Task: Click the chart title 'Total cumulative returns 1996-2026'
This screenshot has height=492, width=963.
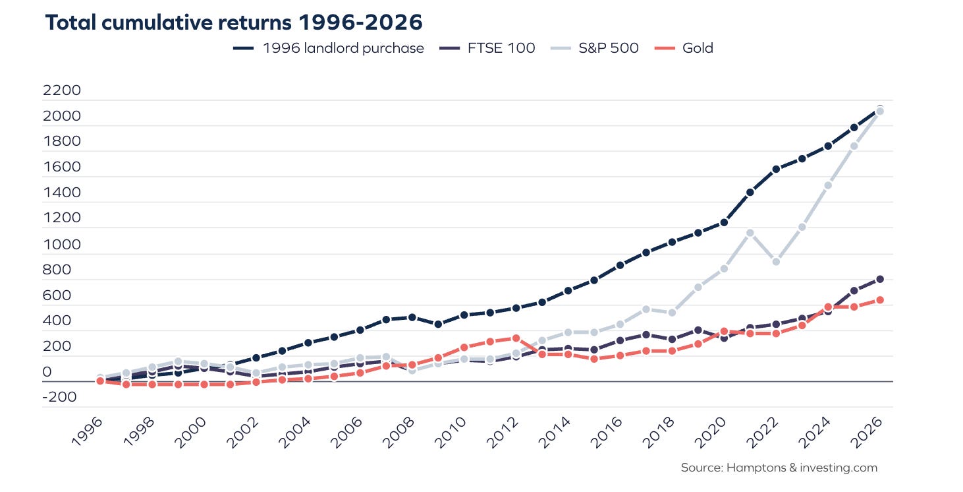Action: tap(234, 22)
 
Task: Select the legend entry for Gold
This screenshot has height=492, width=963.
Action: tap(684, 47)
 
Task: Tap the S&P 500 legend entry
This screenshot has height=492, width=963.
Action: tap(595, 47)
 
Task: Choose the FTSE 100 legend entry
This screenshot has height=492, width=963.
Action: tap(487, 47)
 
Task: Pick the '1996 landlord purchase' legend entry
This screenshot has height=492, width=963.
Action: tap(329, 47)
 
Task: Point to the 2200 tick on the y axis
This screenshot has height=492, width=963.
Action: tap(61, 90)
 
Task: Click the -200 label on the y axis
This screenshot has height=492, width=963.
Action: tap(59, 396)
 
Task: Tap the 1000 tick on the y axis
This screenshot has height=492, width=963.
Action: tap(61, 244)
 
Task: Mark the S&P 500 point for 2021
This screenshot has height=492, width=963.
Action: tap(750, 233)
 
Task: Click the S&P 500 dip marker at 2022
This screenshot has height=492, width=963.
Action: tap(776, 261)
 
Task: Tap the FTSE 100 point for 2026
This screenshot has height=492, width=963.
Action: tap(879, 280)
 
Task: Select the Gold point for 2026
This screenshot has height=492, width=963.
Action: tap(879, 300)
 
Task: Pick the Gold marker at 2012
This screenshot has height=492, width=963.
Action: tap(516, 338)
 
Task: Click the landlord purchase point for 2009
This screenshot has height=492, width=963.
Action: tap(438, 324)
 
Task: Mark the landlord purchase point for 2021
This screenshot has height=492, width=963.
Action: tap(750, 193)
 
